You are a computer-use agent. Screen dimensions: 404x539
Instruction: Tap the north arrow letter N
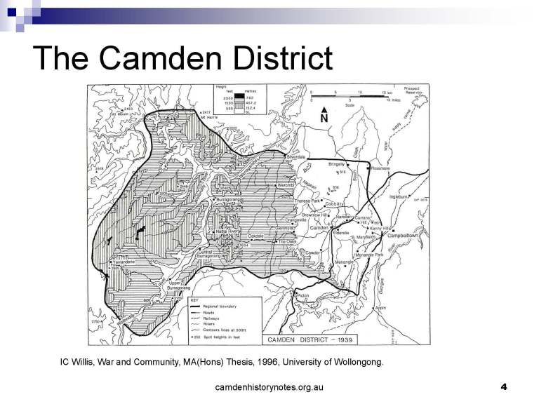(324, 119)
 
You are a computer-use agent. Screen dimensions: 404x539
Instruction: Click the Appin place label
(380, 307)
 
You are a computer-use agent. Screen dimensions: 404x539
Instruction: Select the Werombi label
(286, 185)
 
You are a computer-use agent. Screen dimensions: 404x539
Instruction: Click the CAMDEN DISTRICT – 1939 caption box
(310, 339)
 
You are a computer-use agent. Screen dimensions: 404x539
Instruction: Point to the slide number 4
(503, 386)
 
